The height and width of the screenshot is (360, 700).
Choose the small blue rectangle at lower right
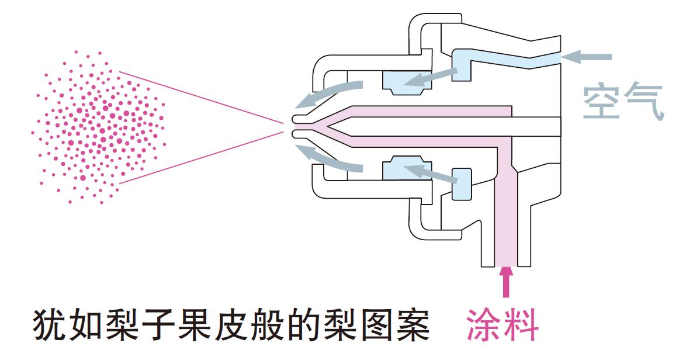[x=462, y=183]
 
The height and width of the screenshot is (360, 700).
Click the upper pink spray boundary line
[x=199, y=96]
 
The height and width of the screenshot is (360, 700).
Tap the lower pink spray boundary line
[x=199, y=158]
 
